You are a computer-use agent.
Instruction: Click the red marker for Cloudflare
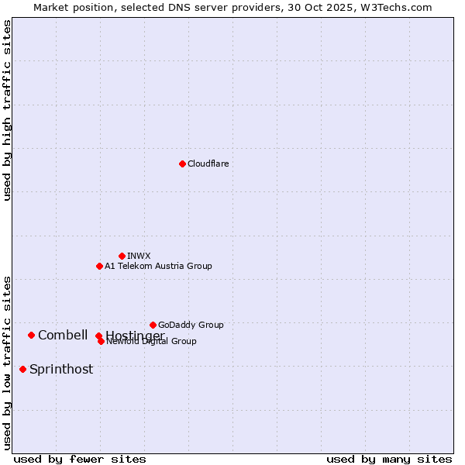pos(182,164)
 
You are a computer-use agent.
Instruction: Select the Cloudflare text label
pos(208,164)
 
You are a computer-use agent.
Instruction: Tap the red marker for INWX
pos(122,256)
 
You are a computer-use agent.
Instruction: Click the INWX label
pos(139,256)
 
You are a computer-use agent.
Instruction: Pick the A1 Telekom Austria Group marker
pos(99,266)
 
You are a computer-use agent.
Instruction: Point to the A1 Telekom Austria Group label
pos(158,266)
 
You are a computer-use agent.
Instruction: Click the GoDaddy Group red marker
pos(153,325)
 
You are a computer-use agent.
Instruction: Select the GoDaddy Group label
pos(191,325)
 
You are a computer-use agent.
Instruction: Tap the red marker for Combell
pos(31,335)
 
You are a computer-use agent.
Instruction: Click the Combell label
pos(63,335)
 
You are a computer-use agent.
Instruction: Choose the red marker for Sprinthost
pos(22,369)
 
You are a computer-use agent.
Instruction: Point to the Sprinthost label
pos(61,369)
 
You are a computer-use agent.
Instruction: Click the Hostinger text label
pos(135,335)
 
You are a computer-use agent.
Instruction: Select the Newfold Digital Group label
pos(152,342)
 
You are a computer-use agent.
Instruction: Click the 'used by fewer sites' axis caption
pos(80,460)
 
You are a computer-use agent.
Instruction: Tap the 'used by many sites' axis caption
pos(389,460)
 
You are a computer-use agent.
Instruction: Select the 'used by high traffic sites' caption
pos(7,110)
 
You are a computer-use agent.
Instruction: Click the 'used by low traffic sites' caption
pos(7,363)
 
